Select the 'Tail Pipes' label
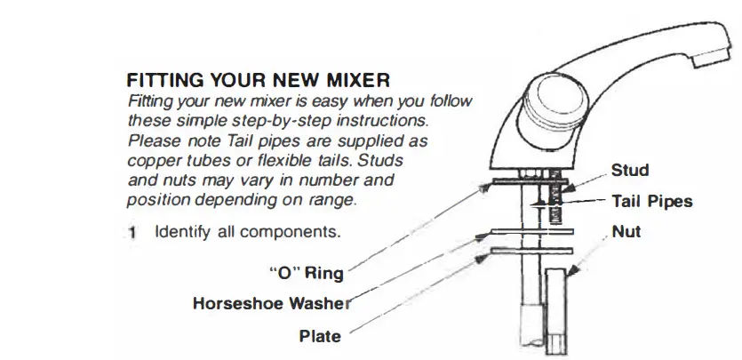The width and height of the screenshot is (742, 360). point(652,202)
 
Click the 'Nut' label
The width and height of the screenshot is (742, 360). point(626,233)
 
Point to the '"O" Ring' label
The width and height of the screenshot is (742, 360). point(306,274)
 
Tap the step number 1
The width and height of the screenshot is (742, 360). point(132,234)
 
